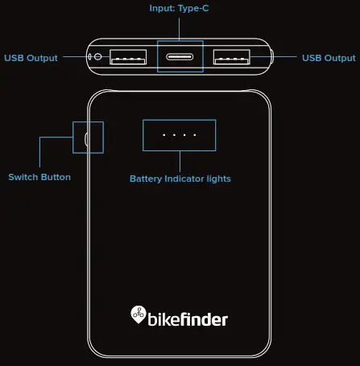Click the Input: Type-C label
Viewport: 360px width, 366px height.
180,9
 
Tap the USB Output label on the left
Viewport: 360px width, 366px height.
31,58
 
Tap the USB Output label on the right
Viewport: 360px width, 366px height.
329,58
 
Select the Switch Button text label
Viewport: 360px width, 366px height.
39,177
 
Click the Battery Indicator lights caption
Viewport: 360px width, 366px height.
180,179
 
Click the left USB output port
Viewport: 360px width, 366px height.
128,57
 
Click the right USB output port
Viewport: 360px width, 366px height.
232,57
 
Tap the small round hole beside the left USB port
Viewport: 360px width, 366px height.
98,56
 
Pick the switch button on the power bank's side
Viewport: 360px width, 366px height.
87,137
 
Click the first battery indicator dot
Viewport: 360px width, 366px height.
164,135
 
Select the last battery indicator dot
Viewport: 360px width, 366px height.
196,135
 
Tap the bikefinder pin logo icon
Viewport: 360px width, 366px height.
137,315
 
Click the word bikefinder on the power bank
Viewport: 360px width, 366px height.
188,319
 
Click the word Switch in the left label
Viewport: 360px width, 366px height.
24,177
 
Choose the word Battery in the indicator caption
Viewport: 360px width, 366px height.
147,179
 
